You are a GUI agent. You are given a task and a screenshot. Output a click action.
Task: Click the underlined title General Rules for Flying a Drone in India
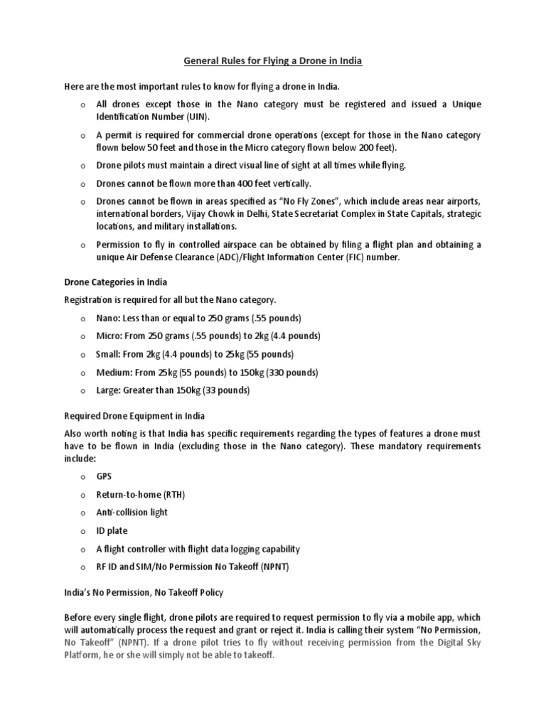tap(273, 61)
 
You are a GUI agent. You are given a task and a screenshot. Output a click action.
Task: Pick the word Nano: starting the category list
tap(109, 317)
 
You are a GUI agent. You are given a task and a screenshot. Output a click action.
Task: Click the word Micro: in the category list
tap(109, 336)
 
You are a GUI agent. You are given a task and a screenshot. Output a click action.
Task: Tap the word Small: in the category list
tap(109, 354)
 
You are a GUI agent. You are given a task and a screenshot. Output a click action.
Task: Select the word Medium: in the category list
tap(114, 373)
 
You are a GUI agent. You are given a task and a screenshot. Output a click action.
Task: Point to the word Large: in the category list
tap(109, 390)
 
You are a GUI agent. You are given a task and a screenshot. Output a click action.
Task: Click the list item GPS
tap(105, 476)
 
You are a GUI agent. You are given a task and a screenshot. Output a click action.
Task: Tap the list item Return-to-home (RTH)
tap(141, 494)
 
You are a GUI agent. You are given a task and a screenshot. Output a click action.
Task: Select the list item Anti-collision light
tap(132, 512)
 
